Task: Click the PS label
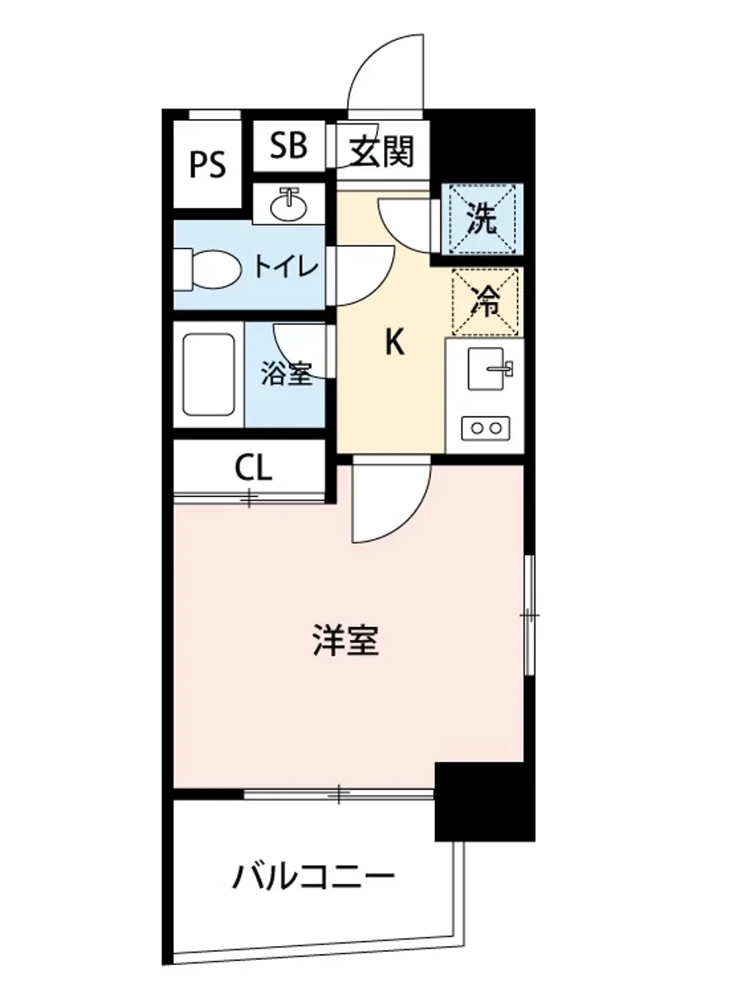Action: [x=208, y=164]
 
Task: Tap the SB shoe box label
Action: [x=288, y=147]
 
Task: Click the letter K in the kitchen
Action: [x=395, y=342]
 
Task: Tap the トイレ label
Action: [x=284, y=267]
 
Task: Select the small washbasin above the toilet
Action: [x=289, y=203]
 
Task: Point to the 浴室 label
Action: [x=287, y=374]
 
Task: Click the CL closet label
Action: [x=253, y=469]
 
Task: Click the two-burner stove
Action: [x=485, y=428]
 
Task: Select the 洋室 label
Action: [x=346, y=640]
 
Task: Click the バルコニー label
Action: [x=312, y=876]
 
